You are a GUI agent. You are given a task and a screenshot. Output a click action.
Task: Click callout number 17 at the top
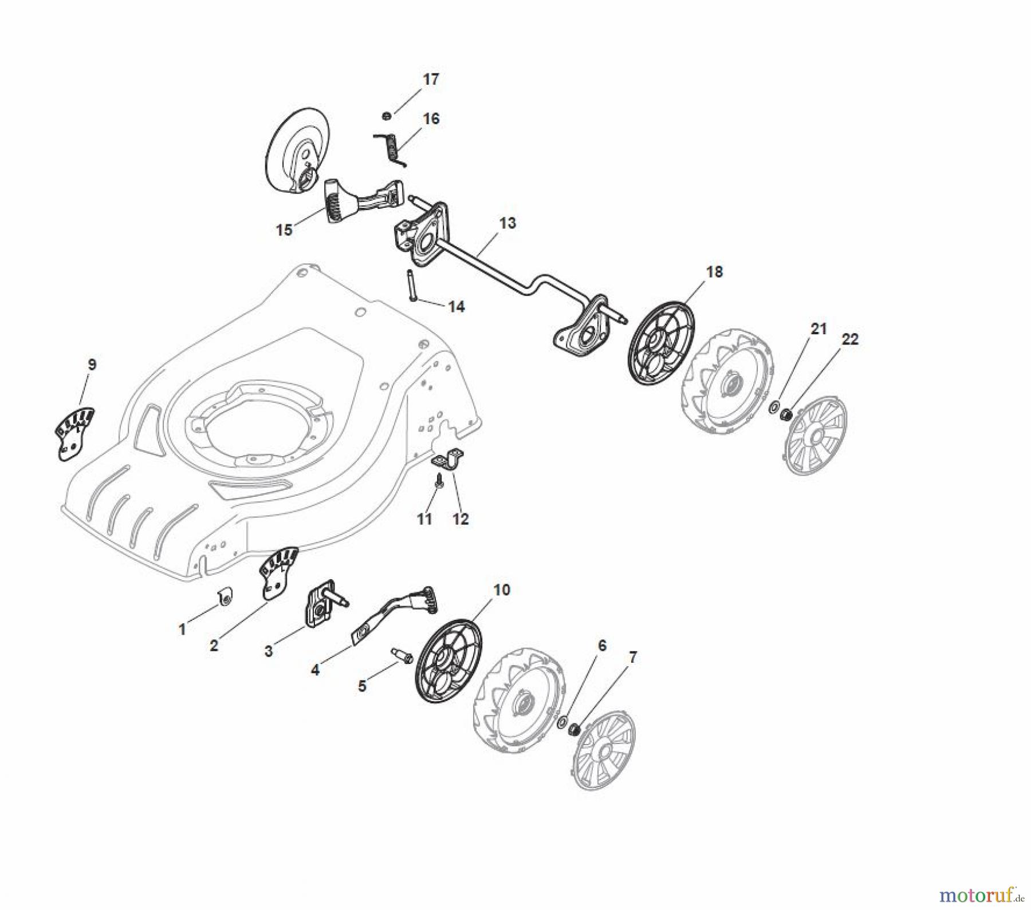pyautogui.click(x=431, y=80)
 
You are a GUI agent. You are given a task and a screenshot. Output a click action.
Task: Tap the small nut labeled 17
pyautogui.click(x=387, y=116)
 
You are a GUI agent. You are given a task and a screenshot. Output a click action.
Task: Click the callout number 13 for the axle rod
pyautogui.click(x=507, y=223)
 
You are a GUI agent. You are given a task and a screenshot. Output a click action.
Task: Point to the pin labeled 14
pyautogui.click(x=412, y=284)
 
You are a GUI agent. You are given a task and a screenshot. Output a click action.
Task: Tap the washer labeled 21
pyautogui.click(x=774, y=407)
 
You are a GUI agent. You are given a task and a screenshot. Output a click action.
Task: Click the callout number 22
pyautogui.click(x=850, y=339)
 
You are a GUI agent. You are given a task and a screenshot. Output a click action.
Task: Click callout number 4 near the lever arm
pyautogui.click(x=315, y=669)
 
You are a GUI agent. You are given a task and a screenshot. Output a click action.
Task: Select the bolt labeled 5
pyautogui.click(x=400, y=655)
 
